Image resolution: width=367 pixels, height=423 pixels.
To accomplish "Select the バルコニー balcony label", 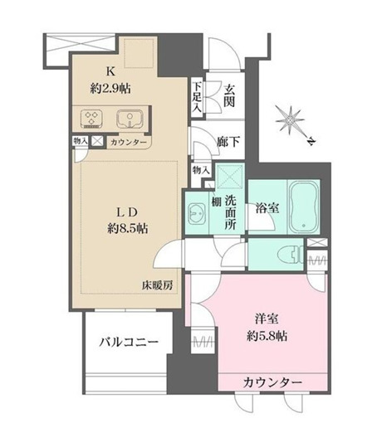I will pyautogui.click(x=125, y=340).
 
